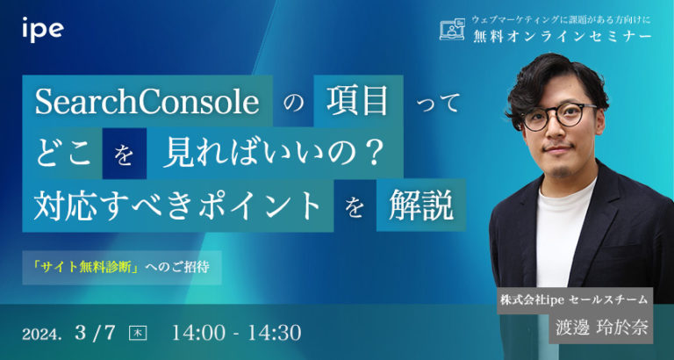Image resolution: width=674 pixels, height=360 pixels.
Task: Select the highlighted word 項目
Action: coord(356,104)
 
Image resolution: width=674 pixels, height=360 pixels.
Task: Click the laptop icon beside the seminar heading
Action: coord(452,30)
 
